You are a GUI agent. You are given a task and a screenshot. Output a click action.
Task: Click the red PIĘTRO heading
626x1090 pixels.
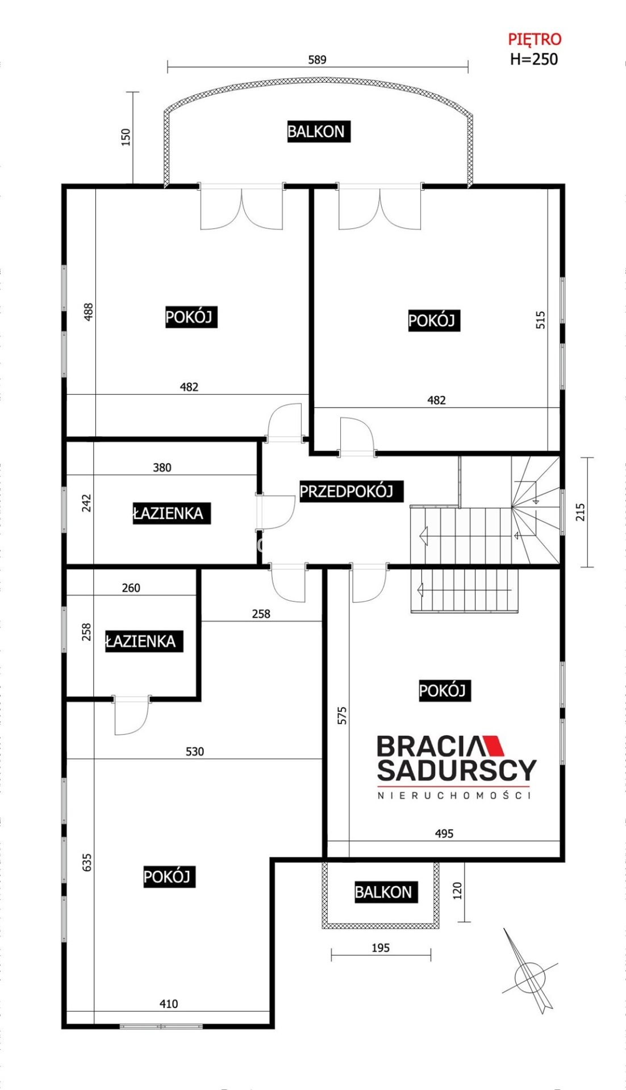pos(535,39)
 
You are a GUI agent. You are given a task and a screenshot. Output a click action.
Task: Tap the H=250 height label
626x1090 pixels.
pos(534,59)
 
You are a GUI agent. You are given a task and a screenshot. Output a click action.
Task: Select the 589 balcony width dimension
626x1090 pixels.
pos(317,60)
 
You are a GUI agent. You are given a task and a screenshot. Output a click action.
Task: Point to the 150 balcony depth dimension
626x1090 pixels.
pos(126,137)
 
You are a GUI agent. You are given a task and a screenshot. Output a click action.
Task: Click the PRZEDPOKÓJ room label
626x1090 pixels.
pos(347,491)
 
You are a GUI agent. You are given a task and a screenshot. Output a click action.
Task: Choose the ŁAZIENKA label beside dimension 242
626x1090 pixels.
pos(168,513)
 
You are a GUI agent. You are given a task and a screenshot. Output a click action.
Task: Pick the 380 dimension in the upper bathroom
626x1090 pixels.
pos(162,468)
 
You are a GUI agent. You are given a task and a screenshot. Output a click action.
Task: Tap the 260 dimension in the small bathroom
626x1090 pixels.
pos(131,588)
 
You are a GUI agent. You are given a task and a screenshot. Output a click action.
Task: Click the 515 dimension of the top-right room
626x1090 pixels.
pos(541,320)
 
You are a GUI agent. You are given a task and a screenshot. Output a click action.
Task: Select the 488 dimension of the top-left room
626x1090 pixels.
pos(89,312)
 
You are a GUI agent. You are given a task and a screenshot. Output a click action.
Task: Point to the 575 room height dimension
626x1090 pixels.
pos(342,715)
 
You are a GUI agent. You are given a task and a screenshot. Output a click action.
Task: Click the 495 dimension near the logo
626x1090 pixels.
pos(444,833)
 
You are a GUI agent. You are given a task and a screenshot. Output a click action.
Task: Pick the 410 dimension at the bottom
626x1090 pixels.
pos(169,1004)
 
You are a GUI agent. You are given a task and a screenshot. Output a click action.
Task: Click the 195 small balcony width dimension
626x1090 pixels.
pos(381,948)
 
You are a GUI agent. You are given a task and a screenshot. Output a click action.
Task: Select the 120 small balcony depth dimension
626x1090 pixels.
pos(458,891)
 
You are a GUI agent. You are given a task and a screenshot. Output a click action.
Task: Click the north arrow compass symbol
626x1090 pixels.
pos(529,976)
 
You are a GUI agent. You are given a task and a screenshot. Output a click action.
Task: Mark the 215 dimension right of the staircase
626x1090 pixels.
pos(580,512)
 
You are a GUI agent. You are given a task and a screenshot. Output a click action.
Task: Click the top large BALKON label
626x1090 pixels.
pos(316,132)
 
